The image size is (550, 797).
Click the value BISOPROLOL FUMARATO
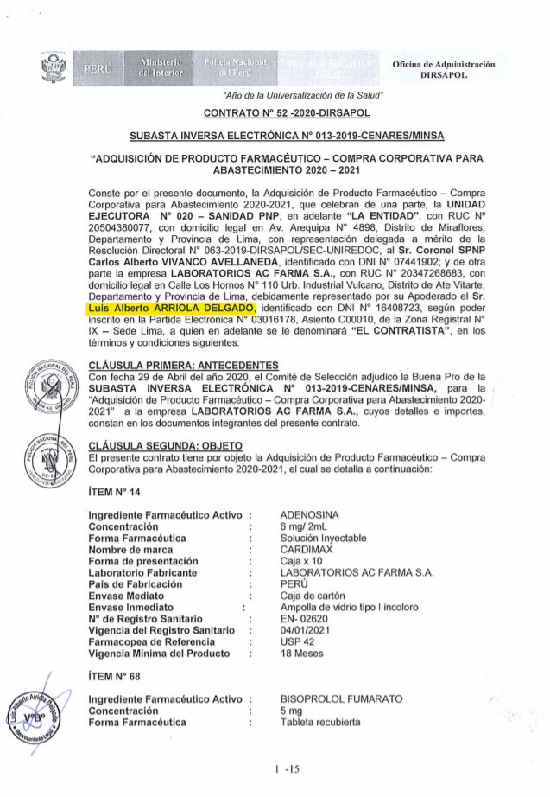[341, 698]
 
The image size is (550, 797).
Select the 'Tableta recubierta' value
[320, 721]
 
